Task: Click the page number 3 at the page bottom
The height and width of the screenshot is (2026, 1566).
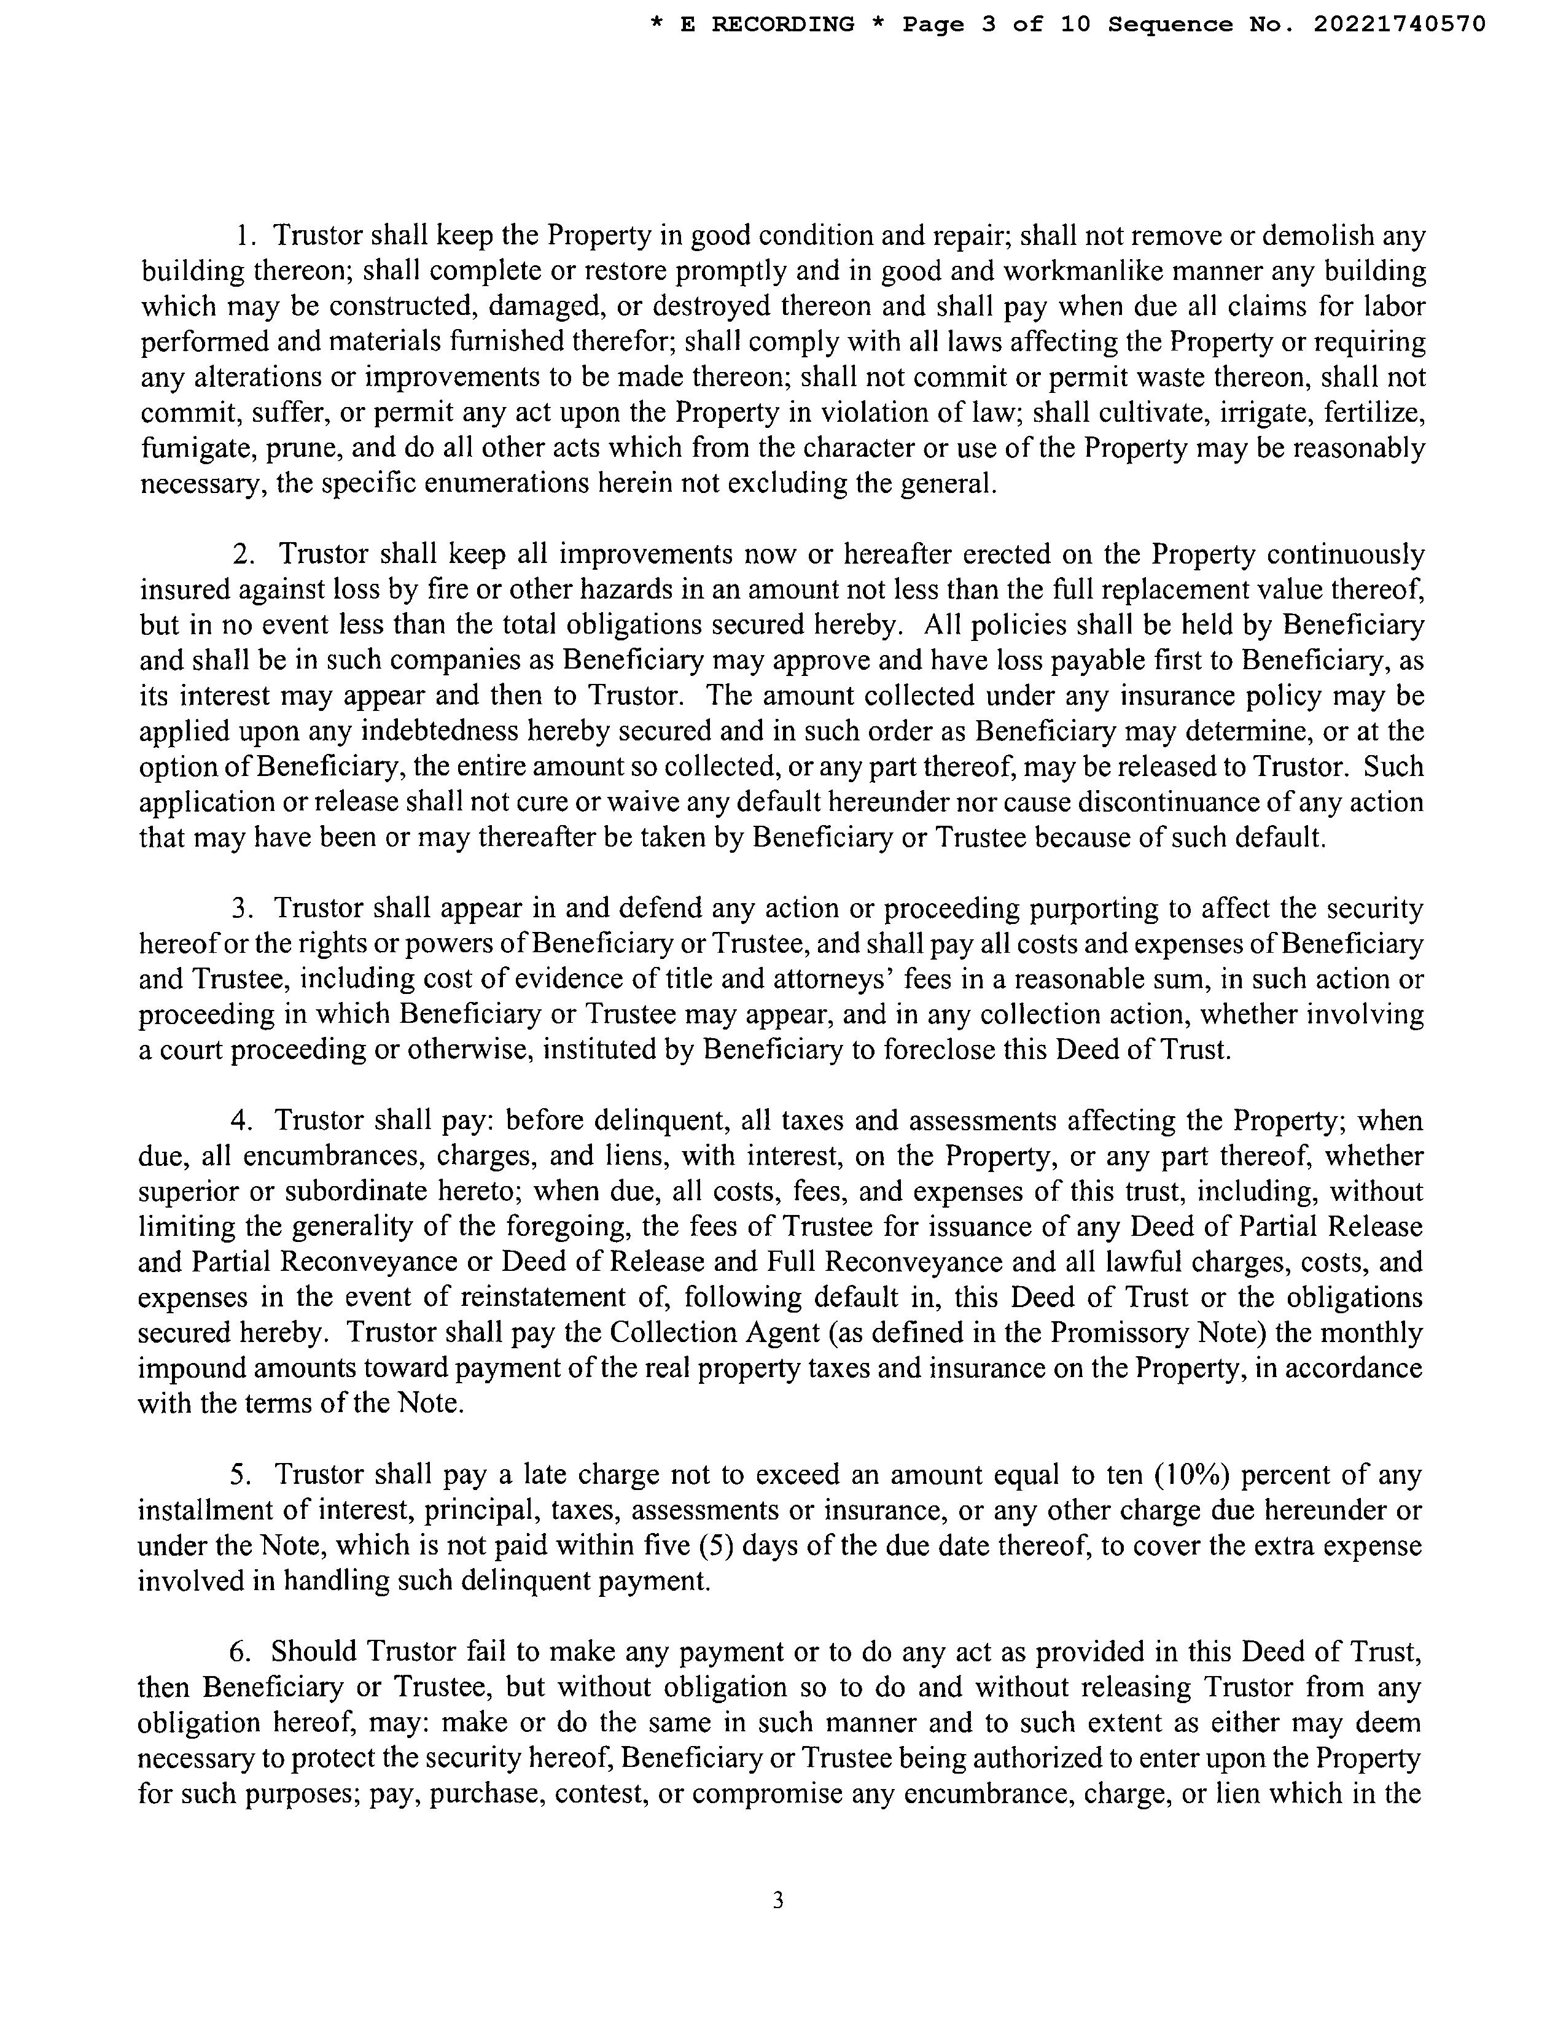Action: tap(777, 1901)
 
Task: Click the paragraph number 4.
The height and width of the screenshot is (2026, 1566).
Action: tap(241, 1122)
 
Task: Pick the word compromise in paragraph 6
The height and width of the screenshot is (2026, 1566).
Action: tap(765, 1794)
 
